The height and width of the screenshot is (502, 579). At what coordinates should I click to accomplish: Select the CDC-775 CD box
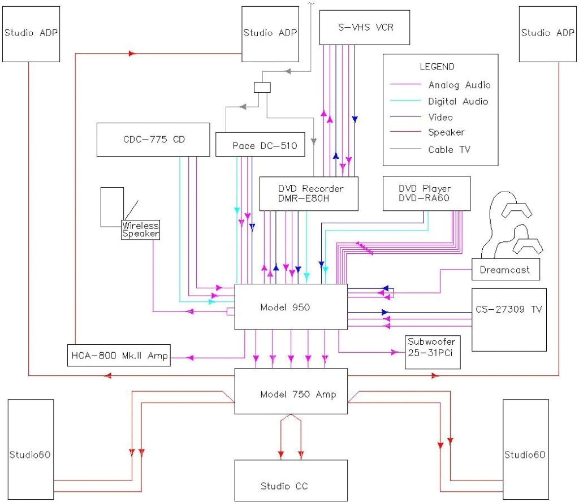tap(153, 139)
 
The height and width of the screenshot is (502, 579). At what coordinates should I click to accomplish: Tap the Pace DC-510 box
tap(260, 145)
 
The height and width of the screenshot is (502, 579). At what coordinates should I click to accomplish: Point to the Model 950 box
tap(291, 306)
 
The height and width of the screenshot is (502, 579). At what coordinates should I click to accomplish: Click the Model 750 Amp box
tap(291, 394)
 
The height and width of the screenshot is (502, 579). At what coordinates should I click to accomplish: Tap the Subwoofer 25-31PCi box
tap(433, 352)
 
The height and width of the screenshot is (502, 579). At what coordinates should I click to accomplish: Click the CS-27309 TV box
tap(509, 319)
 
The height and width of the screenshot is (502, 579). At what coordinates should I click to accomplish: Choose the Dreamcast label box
tap(505, 270)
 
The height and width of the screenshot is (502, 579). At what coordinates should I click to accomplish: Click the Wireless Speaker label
tap(140, 230)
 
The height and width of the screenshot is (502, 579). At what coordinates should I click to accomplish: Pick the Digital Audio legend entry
tap(458, 101)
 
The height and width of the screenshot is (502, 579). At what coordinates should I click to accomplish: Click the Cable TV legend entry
tap(449, 149)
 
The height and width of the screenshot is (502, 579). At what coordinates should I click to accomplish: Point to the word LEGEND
tap(437, 67)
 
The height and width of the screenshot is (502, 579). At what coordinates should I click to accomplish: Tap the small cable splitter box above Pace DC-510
tap(262, 88)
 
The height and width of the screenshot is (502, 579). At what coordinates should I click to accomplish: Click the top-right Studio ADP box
tap(547, 33)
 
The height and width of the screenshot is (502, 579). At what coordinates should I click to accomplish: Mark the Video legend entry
tap(440, 117)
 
